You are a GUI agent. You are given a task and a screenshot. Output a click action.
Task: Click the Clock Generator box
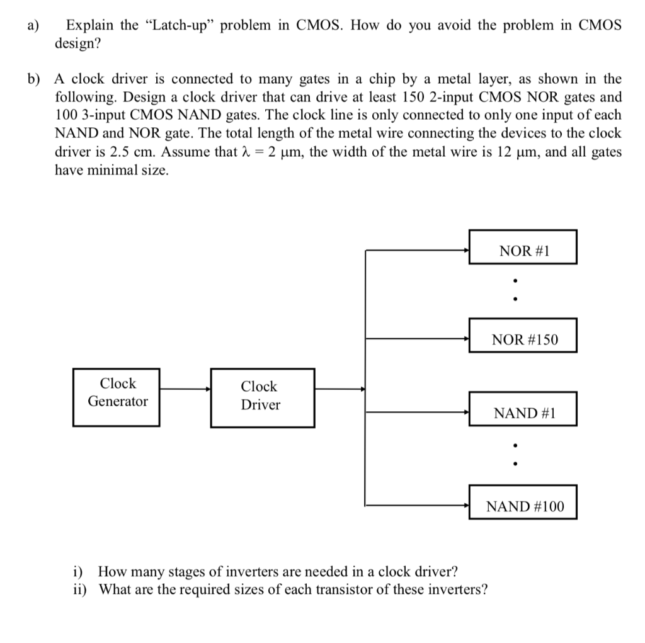[117, 392]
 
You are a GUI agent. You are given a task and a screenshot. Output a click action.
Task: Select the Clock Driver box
[262, 396]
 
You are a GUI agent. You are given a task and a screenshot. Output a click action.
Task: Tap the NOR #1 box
[523, 251]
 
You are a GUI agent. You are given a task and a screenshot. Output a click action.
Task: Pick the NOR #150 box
[523, 339]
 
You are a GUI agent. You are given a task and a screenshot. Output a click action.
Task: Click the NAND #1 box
[523, 413]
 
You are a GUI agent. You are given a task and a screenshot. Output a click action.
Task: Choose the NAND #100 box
[523, 506]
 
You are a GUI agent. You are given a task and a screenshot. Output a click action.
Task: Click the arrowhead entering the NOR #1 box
[467, 251]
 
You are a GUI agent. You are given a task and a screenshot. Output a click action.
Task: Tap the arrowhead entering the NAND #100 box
[467, 505]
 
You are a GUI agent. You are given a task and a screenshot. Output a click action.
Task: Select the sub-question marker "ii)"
[80, 589]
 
